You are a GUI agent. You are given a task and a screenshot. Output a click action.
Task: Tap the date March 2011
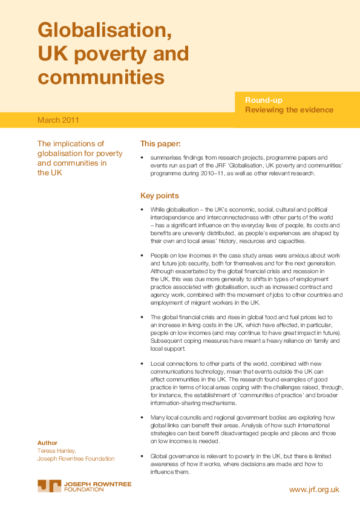58,120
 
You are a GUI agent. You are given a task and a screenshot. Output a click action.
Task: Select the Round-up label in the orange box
263,100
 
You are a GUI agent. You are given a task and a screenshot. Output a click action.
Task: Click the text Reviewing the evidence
289,109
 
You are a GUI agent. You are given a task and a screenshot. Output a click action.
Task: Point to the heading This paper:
160,144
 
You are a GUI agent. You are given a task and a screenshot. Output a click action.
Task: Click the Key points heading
160,196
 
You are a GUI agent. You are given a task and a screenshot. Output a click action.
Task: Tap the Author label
47,443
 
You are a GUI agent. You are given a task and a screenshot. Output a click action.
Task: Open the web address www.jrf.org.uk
314,490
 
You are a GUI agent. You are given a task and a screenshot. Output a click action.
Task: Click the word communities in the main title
101,77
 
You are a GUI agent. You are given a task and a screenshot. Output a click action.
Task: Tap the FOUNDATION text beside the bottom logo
84,489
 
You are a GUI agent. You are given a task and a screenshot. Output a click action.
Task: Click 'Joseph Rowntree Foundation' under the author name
76,459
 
